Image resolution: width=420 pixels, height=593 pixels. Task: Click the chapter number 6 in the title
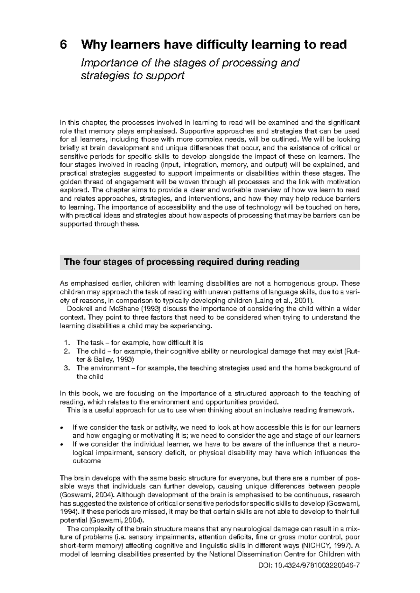click(63, 45)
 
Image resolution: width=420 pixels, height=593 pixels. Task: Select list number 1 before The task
click(67, 343)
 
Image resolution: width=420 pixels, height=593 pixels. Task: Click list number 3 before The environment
click(67, 368)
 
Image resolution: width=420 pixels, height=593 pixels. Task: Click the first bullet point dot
click(62, 427)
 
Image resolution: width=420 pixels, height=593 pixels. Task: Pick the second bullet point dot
click(62, 444)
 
